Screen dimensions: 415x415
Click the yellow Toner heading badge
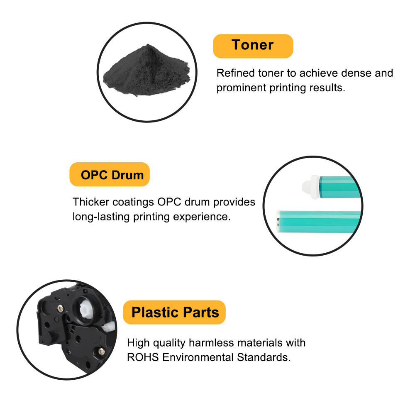tap(253, 46)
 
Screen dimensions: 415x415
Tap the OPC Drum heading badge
tap(110, 174)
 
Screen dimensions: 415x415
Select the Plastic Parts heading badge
tap(174, 312)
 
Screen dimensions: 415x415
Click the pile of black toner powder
tap(146, 70)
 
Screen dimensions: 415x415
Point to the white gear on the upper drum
tap(311, 187)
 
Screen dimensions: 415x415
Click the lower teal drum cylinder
tap(319, 222)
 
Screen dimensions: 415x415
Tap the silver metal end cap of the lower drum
tap(278, 222)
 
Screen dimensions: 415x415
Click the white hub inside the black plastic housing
tap(86, 310)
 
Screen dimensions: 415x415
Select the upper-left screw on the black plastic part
tap(61, 308)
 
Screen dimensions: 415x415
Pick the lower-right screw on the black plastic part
tap(101, 352)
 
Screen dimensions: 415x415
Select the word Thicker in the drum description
tap(90, 202)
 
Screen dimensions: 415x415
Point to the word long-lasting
tap(101, 217)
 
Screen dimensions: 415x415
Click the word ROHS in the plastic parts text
tap(143, 358)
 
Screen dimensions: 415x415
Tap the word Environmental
tap(198, 358)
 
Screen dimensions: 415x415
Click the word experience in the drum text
tap(202, 217)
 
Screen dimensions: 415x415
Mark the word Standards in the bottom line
tap(264, 358)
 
